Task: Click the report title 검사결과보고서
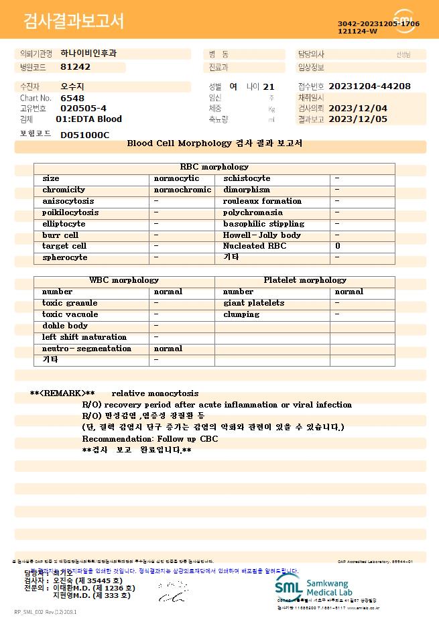74,21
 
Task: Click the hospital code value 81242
75,67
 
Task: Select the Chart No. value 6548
72,98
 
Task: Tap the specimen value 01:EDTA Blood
88,119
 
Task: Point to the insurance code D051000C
84,135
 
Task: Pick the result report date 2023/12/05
358,119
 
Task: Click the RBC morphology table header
214,167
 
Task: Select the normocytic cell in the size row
176,178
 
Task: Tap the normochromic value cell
182,190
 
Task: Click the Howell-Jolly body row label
262,235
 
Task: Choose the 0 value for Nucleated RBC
338,247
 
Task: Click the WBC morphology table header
124,280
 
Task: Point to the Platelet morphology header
305,280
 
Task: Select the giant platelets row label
253,303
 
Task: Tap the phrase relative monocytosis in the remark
155,393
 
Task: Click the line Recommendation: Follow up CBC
150,439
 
